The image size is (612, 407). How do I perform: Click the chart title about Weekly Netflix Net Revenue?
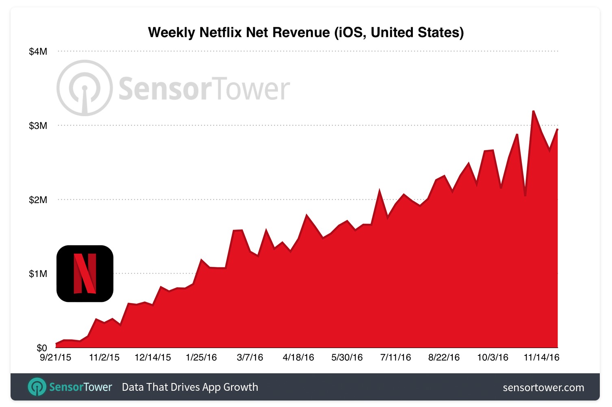306,32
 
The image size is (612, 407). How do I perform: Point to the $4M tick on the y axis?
38,52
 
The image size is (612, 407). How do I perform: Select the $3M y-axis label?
38,126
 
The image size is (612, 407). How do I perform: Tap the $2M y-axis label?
38,200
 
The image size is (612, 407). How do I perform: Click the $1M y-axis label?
38,274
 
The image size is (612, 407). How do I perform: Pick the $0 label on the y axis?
41,348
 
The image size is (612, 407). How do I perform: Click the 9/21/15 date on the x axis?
55,357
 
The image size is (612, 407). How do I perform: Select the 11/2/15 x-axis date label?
104,357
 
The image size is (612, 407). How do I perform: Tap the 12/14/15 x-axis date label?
153,357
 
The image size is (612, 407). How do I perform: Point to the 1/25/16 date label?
201,357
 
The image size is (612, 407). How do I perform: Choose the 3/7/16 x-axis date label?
250,357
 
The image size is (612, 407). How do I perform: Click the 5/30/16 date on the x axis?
347,357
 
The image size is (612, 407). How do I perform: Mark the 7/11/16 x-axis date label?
395,357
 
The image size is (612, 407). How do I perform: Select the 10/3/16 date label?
493,357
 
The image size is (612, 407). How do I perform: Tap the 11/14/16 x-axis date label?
541,357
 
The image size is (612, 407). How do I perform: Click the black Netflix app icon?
85,273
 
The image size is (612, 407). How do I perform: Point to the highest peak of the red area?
533,111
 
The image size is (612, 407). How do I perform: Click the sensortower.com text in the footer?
543,388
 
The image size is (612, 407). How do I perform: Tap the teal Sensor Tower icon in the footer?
37,387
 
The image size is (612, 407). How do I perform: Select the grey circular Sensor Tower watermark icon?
85,88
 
